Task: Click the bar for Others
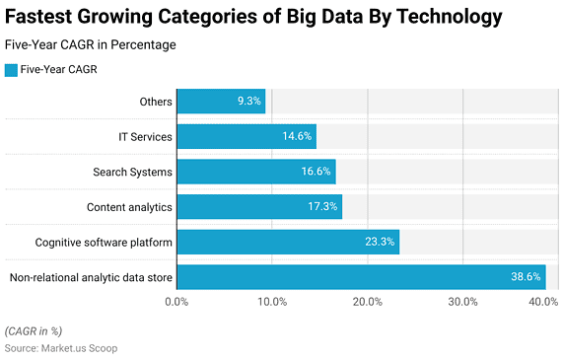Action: pyautogui.click(x=221, y=101)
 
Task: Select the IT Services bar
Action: pyautogui.click(x=246, y=136)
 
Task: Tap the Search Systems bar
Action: pyautogui.click(x=255, y=172)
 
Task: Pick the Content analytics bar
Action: pyautogui.click(x=258, y=206)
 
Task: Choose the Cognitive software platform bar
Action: pyautogui.click(x=287, y=242)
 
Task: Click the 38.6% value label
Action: pyautogui.click(x=525, y=277)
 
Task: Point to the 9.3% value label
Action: pyautogui.click(x=249, y=101)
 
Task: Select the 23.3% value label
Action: pyautogui.click(x=379, y=242)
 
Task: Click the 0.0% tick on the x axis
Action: pyautogui.click(x=176, y=302)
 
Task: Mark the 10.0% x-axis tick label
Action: pyautogui.click(x=272, y=302)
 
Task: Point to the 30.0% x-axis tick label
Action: pyautogui.click(x=462, y=302)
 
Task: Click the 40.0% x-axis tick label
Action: pyautogui.click(x=543, y=302)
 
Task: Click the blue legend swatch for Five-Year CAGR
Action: pyautogui.click(x=11, y=69)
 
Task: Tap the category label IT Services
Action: pyautogui.click(x=145, y=136)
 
